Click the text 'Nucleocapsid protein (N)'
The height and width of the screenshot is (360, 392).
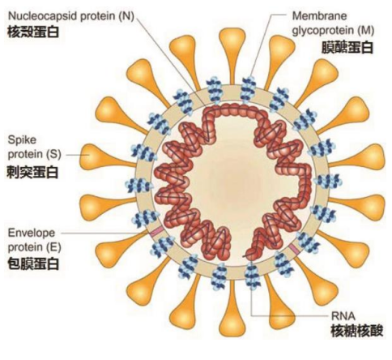tap(71, 16)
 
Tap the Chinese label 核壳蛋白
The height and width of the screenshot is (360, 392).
tap(33, 32)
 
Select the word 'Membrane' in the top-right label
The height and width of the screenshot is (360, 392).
tap(319, 16)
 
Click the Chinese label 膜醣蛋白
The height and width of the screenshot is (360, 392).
tap(347, 48)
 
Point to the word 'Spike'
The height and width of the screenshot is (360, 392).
tap(22, 140)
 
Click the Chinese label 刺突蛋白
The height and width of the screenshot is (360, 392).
tap(32, 172)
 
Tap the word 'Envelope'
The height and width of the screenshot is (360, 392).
tap(32, 233)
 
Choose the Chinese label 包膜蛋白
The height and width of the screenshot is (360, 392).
tap(33, 264)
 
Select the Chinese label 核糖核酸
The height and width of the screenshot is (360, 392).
tap(356, 331)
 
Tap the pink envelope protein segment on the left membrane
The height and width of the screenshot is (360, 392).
tap(157, 232)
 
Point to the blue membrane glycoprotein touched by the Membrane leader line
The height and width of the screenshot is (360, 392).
tap(247, 89)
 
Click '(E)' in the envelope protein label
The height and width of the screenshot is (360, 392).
tap(54, 247)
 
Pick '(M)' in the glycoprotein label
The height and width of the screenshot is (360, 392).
tap(366, 31)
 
